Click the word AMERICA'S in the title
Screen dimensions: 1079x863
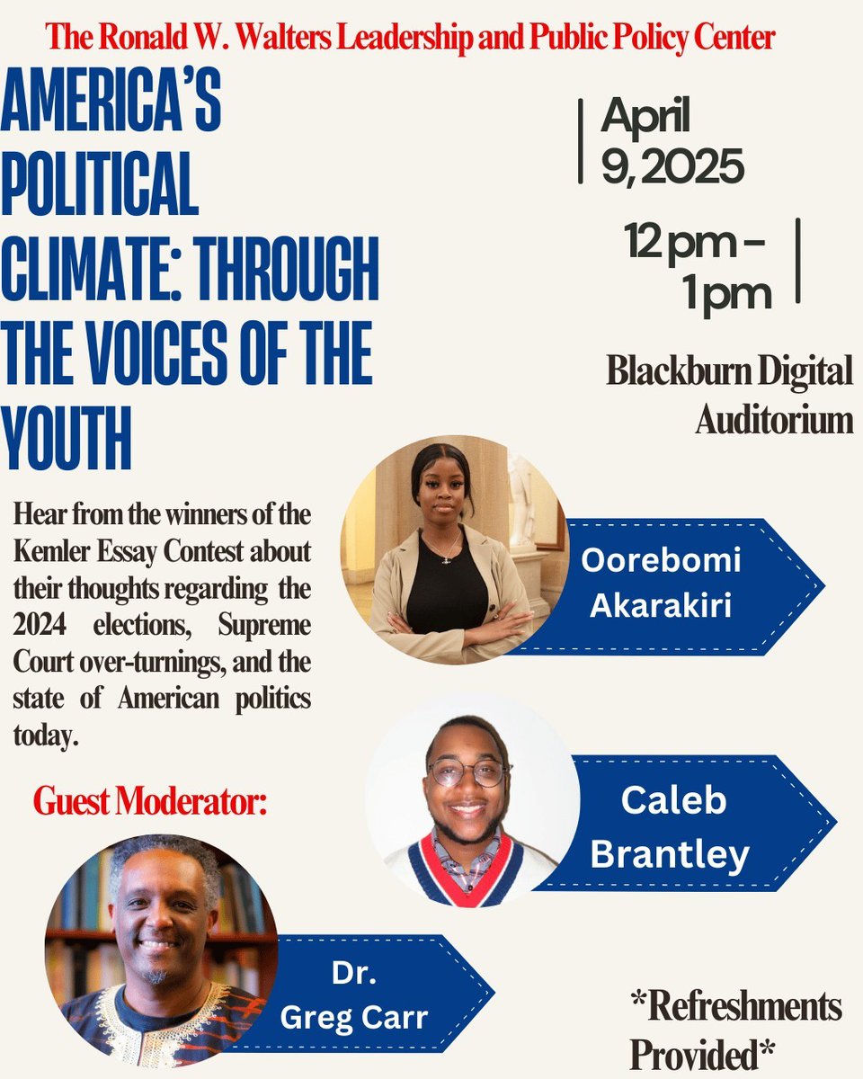point(111,103)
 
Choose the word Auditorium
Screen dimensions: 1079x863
point(774,419)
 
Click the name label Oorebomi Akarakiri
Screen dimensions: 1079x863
point(661,583)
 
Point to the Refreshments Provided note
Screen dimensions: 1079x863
point(734,1030)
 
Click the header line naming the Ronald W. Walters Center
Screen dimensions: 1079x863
point(410,38)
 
